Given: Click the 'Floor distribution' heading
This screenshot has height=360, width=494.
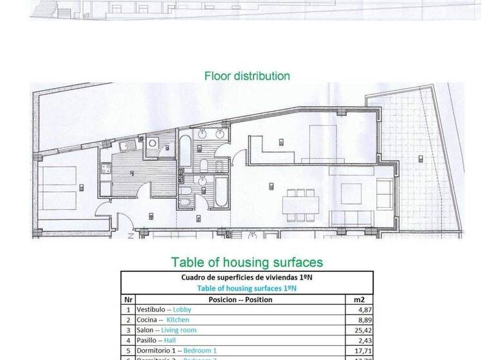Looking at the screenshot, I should tap(247, 76).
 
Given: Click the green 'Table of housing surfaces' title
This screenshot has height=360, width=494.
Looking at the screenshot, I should tap(247, 262).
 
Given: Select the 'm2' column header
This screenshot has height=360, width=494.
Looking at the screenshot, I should tap(359, 300).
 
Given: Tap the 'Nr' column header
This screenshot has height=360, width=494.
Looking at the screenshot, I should tap(128, 300).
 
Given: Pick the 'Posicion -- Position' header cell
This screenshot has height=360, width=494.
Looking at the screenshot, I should tap(240, 300).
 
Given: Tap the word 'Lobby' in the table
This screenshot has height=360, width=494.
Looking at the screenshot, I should tap(182, 310).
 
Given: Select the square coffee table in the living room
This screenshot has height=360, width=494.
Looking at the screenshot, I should tap(351, 192).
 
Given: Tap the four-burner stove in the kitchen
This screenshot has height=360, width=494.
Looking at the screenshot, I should tap(104, 170).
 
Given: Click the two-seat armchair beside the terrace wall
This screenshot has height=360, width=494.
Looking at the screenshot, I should tap(384, 193).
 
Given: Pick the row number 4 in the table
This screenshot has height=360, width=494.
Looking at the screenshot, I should tap(129, 341).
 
